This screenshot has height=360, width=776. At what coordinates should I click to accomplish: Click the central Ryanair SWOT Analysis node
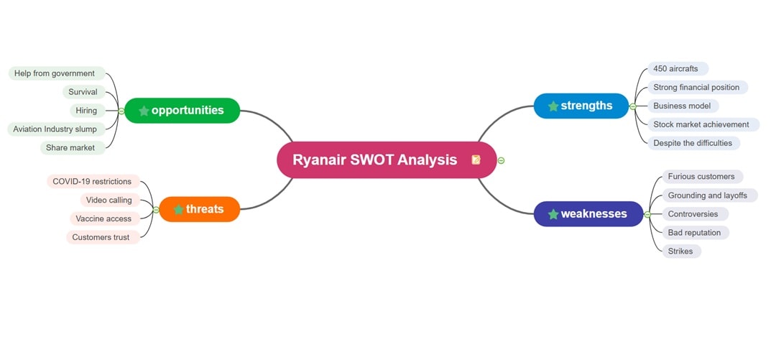tap(375, 160)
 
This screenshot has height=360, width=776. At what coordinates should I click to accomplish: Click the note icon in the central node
tap(476, 160)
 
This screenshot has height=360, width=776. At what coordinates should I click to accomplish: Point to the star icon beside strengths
tap(553, 106)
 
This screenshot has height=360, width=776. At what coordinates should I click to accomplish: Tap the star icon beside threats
tap(178, 210)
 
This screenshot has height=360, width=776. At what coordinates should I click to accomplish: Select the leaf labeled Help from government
tap(55, 73)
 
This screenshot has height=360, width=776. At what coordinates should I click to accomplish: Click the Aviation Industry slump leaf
tap(55, 129)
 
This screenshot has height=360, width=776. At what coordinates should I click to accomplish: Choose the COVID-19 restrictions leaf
tap(92, 181)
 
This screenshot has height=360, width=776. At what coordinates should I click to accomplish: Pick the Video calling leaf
tap(108, 200)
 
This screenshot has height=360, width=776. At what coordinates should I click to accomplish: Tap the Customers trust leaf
tap(101, 237)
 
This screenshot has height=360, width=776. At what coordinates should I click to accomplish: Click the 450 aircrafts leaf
tap(675, 68)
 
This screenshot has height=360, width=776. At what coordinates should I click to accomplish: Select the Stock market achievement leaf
tap(701, 124)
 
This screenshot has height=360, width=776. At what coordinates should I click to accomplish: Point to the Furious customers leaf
tap(701, 176)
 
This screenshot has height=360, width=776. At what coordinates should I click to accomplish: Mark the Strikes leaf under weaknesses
tap(680, 251)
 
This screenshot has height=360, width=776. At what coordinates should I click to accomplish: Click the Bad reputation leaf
tap(694, 233)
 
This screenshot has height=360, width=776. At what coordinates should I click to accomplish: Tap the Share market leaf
tap(70, 148)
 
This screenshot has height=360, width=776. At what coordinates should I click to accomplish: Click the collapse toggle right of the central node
tap(501, 160)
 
